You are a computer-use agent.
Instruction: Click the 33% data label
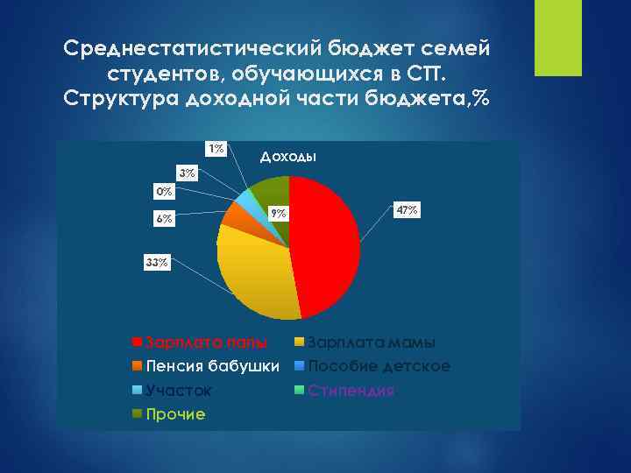(x=157, y=262)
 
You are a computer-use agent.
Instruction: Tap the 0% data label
(x=164, y=190)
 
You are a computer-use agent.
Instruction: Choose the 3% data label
(x=187, y=173)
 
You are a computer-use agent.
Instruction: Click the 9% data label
(x=278, y=213)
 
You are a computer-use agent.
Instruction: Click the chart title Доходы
(x=288, y=157)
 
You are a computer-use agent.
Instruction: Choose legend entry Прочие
(x=175, y=413)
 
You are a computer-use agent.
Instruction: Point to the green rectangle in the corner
(x=558, y=38)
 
